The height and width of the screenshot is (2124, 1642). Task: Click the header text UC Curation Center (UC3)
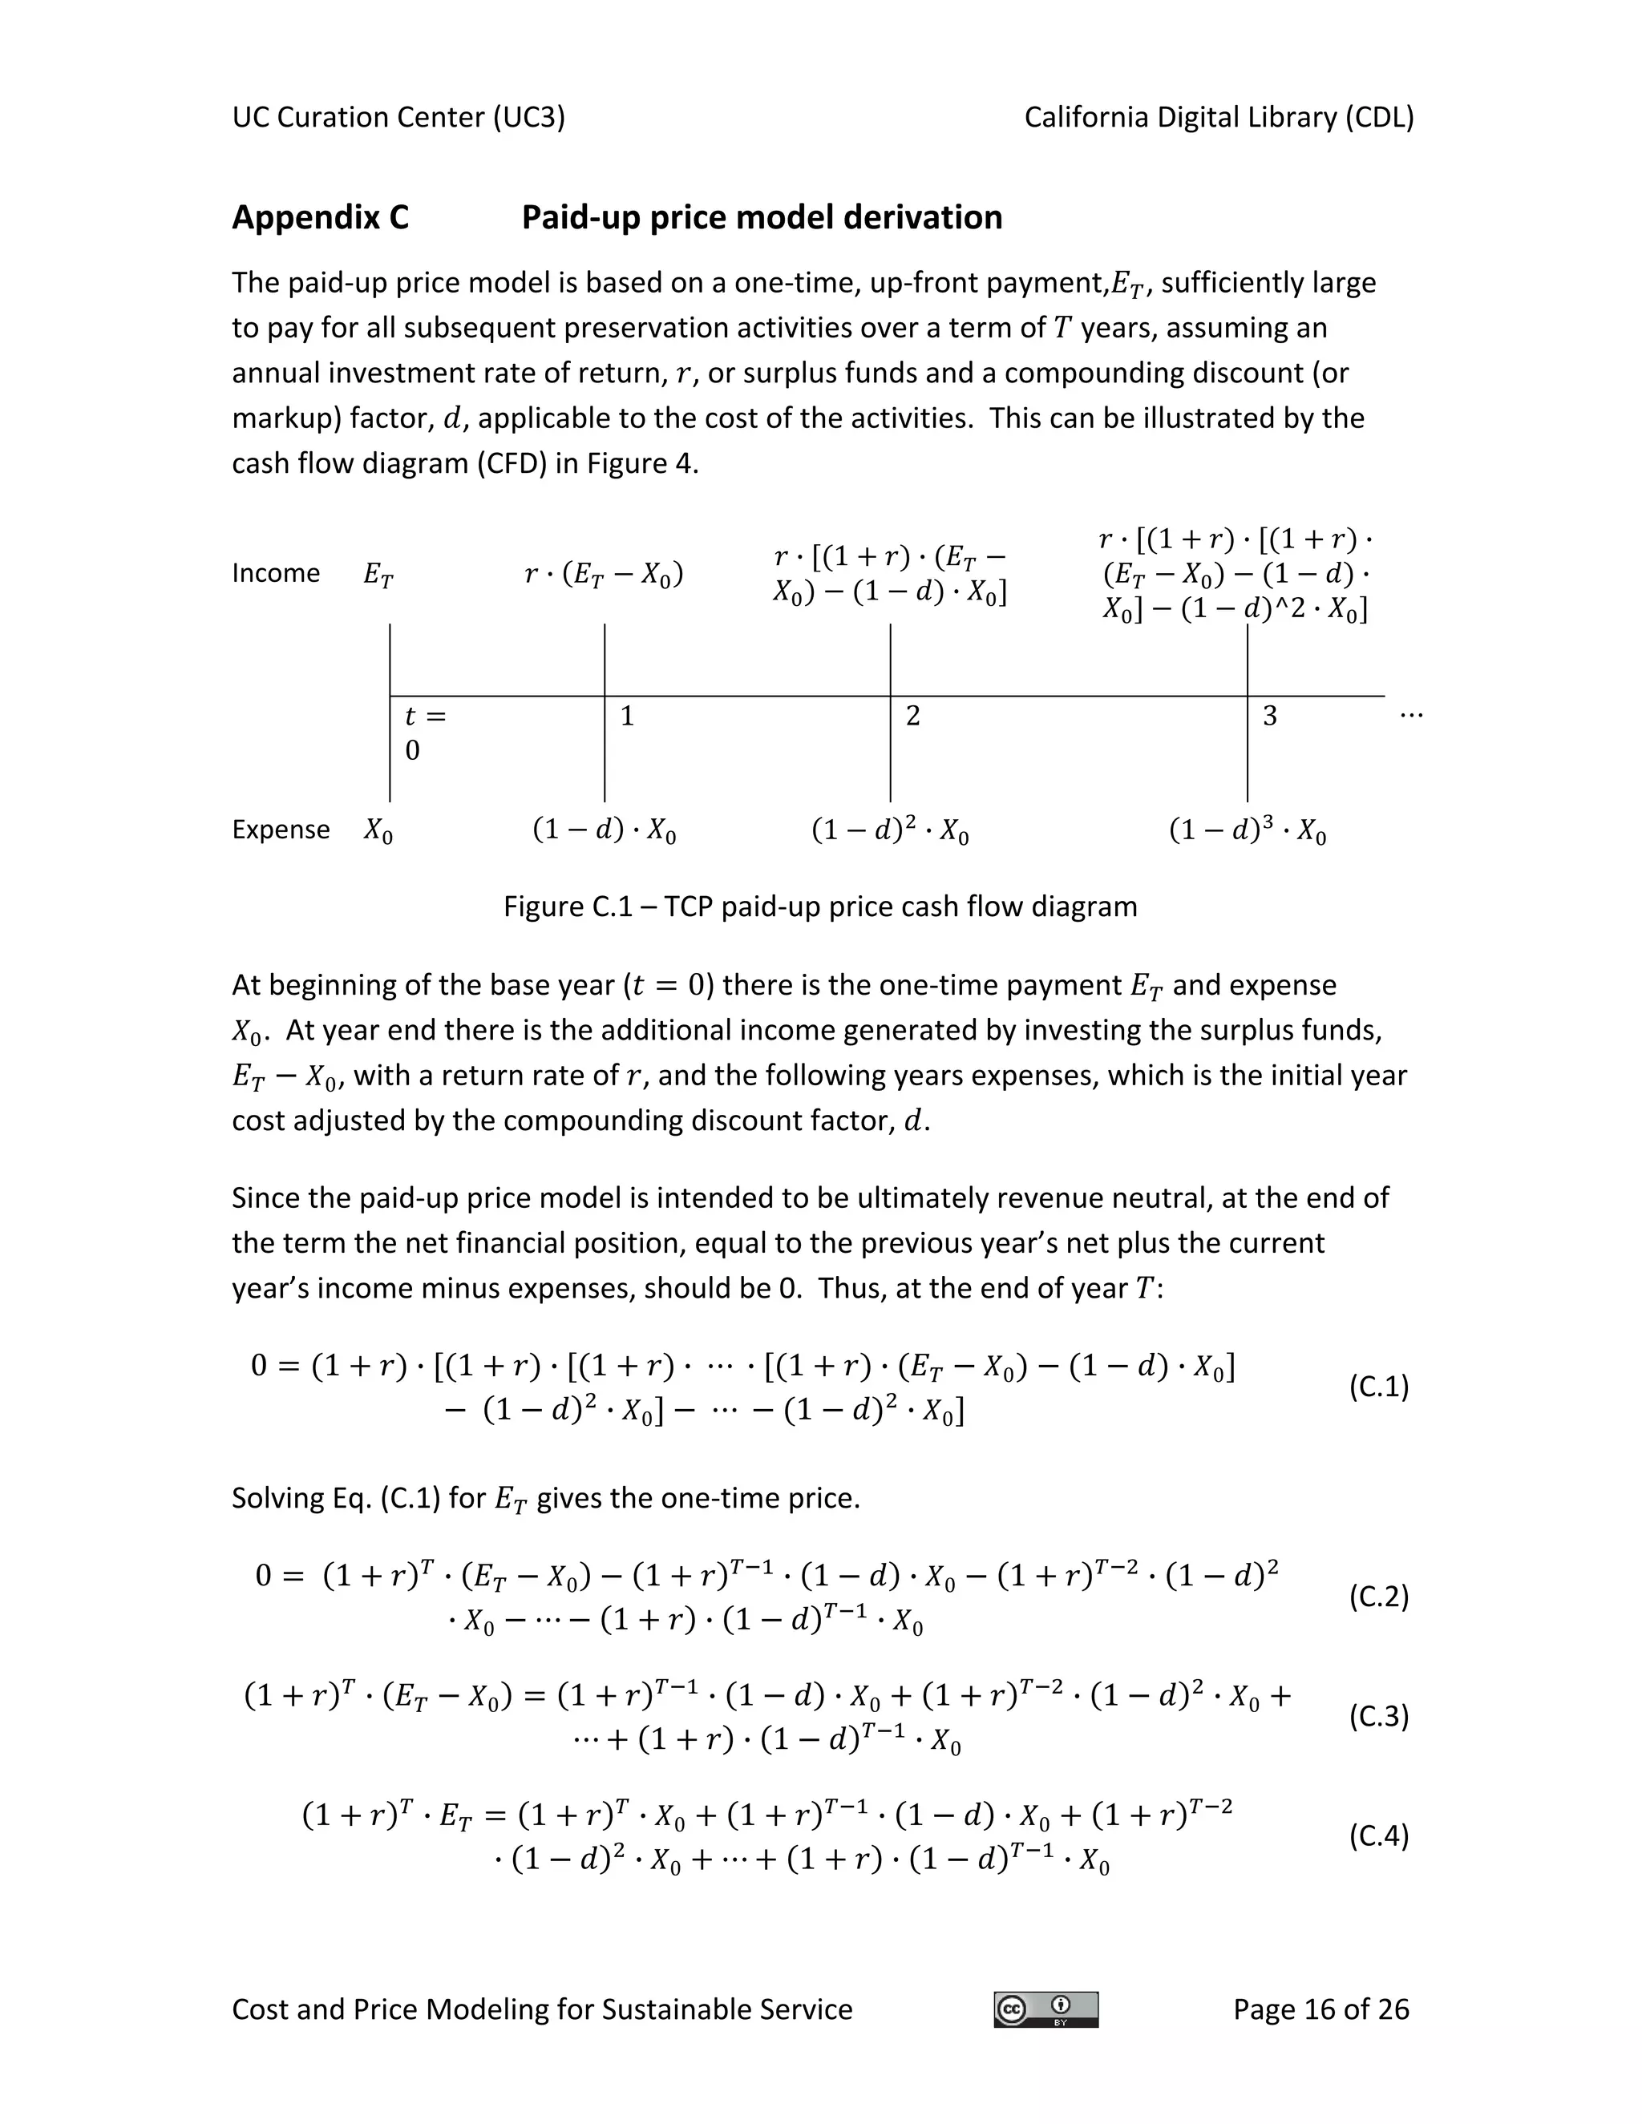click(x=398, y=118)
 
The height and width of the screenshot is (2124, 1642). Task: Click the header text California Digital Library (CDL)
click(x=1218, y=118)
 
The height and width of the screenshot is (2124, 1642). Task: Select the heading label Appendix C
click(x=320, y=217)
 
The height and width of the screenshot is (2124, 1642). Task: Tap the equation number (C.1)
click(x=1377, y=1387)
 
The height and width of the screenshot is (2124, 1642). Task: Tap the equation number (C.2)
click(x=1377, y=1596)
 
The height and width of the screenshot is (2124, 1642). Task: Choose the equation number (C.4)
click(x=1377, y=1835)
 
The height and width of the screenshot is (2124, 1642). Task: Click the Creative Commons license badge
click(x=1045, y=2009)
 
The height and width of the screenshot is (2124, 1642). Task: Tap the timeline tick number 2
click(x=912, y=717)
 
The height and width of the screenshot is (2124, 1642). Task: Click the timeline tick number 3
click(x=1269, y=717)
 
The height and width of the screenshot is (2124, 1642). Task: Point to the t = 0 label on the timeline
click(x=423, y=733)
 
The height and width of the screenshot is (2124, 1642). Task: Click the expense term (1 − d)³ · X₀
click(x=1247, y=831)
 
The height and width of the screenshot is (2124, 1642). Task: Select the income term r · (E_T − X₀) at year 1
click(x=603, y=575)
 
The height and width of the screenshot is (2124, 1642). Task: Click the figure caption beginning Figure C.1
click(x=819, y=907)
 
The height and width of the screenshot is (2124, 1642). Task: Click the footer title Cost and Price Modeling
click(x=541, y=2009)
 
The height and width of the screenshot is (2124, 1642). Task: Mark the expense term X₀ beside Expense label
click(x=378, y=831)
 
